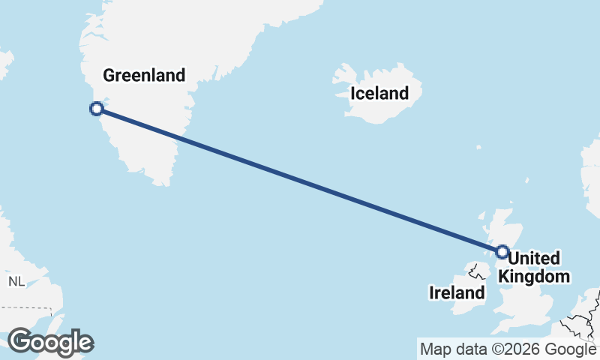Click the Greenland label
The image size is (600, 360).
(x=143, y=75)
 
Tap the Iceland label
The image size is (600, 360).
(x=379, y=94)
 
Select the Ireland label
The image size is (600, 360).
(x=457, y=292)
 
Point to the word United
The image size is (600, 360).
(x=534, y=259)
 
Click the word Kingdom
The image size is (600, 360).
(x=534, y=277)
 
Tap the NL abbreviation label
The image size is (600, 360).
(x=16, y=281)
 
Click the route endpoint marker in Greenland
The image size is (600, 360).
(x=96, y=109)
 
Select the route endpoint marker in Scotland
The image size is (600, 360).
(x=502, y=252)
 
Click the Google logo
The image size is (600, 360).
(x=50, y=342)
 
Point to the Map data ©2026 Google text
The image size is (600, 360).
(x=507, y=349)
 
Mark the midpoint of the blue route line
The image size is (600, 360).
(x=298, y=180)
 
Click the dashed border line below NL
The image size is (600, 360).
(x=30, y=308)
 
